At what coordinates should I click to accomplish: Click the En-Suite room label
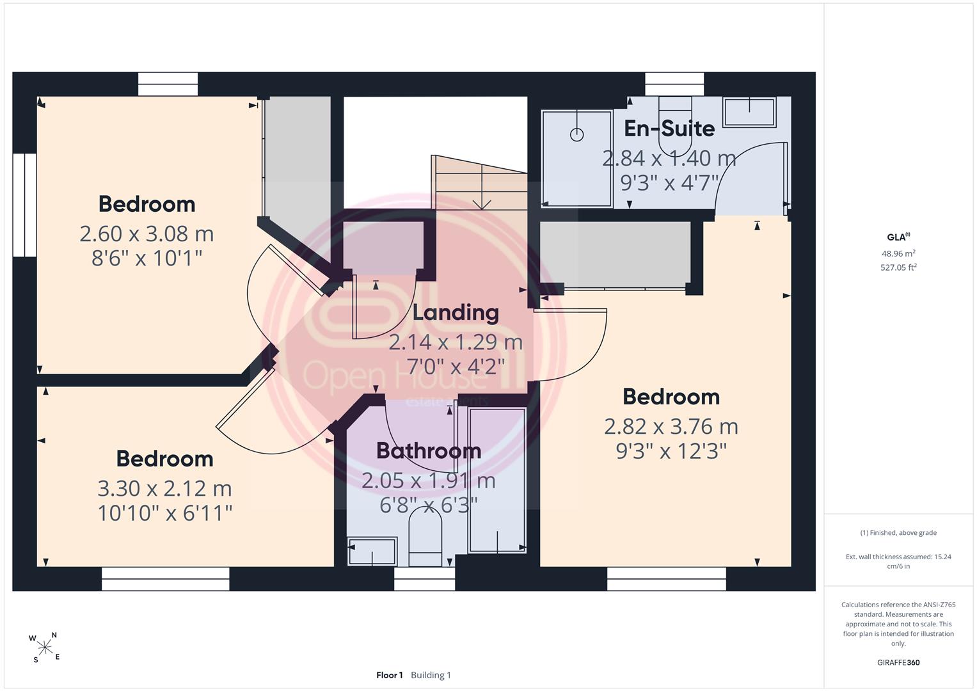[669, 129]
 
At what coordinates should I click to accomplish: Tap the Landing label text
[456, 313]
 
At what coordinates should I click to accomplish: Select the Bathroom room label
[429, 451]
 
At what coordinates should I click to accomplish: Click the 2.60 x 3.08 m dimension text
[147, 234]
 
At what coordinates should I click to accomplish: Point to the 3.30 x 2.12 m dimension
[164, 489]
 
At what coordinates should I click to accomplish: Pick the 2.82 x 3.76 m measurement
[671, 427]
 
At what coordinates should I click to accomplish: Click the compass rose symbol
[45, 647]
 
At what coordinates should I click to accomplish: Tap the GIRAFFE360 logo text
[898, 662]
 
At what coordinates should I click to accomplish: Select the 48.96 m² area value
[898, 253]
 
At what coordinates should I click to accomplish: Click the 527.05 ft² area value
[898, 267]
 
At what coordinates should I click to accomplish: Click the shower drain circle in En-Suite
[576, 135]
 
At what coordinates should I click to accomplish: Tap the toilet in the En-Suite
[675, 127]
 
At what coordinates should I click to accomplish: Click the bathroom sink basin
[372, 552]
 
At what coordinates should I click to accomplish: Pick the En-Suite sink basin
[749, 112]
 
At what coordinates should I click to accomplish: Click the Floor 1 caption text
[389, 675]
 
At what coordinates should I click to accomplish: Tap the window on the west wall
[24, 205]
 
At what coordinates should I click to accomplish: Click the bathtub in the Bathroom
[496, 481]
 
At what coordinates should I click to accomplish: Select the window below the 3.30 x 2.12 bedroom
[165, 579]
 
